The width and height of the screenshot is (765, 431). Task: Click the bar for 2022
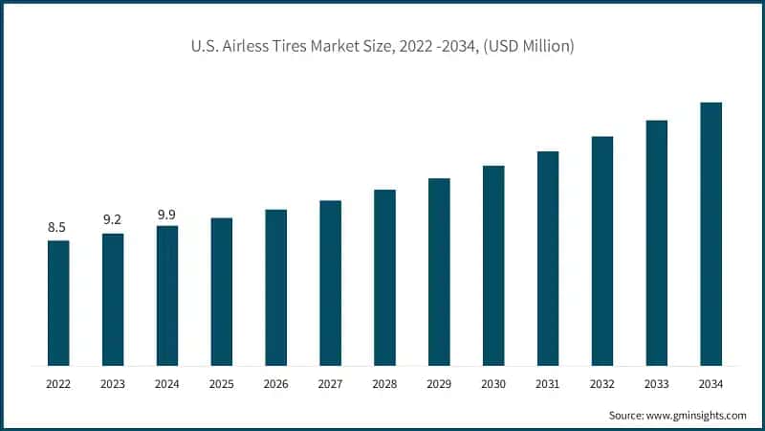click(x=58, y=303)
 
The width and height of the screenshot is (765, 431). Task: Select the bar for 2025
click(x=221, y=291)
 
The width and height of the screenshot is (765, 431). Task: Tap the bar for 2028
click(x=384, y=278)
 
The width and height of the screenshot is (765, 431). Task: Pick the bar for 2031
click(x=547, y=259)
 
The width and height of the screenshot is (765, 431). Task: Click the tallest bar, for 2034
click(x=710, y=234)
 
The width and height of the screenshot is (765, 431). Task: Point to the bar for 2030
click(x=493, y=265)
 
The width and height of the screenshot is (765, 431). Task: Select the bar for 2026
click(x=275, y=287)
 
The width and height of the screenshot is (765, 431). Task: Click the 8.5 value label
click(x=57, y=227)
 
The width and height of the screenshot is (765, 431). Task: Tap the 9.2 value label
click(x=113, y=219)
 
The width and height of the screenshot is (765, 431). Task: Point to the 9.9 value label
click(x=166, y=213)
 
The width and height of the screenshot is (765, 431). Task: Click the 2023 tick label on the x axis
click(x=113, y=384)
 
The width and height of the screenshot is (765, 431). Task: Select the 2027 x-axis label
click(x=330, y=384)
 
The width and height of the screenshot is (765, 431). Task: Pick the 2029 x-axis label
click(x=439, y=384)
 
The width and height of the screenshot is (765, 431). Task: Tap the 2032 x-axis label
click(x=601, y=384)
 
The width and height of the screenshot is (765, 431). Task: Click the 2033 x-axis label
click(x=656, y=384)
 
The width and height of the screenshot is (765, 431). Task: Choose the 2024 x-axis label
click(x=166, y=384)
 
